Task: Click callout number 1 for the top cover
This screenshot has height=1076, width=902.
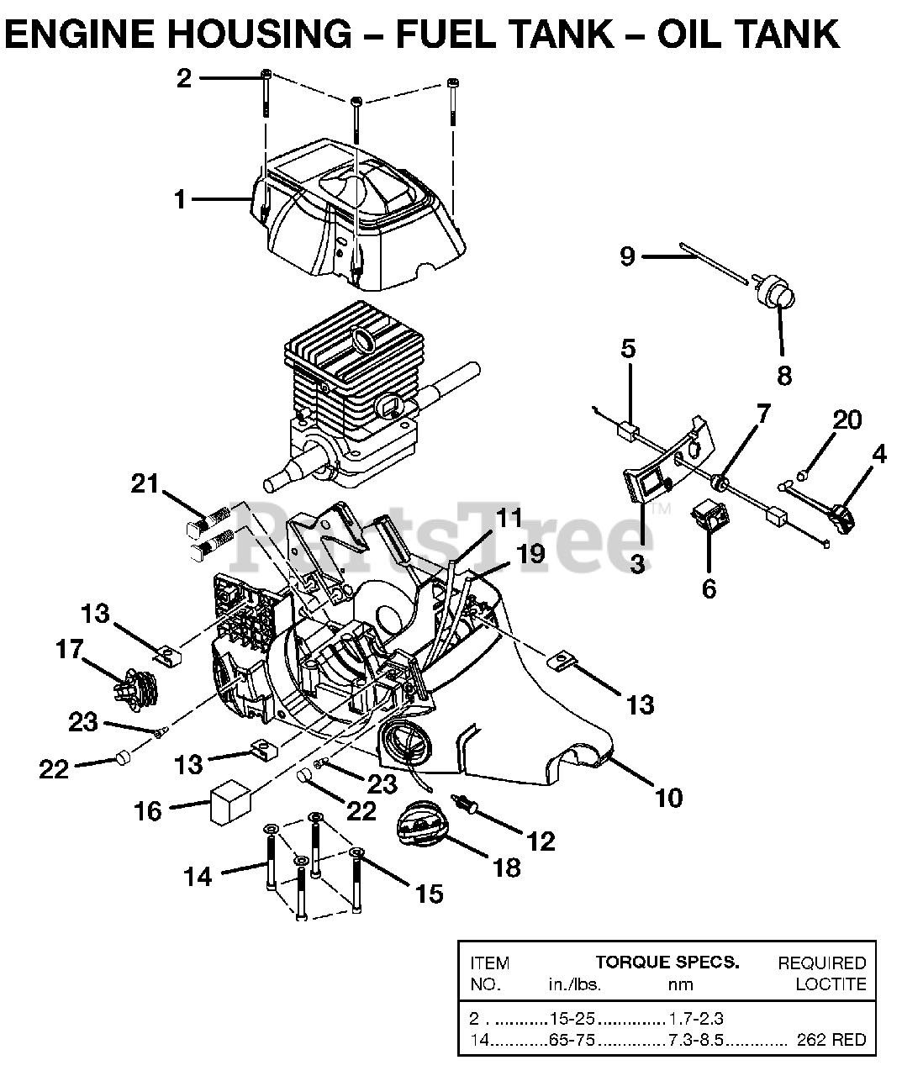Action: click(179, 199)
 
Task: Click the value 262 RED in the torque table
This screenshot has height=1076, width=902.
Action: click(831, 1040)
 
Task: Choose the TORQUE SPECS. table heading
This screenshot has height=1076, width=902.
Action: click(667, 963)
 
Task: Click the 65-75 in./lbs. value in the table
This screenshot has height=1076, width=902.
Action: click(572, 1040)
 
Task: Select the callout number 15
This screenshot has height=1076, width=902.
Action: click(429, 894)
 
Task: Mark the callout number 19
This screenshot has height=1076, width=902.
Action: click(531, 554)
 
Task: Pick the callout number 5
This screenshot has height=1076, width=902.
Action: click(628, 348)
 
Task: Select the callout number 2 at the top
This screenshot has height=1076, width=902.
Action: click(184, 78)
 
